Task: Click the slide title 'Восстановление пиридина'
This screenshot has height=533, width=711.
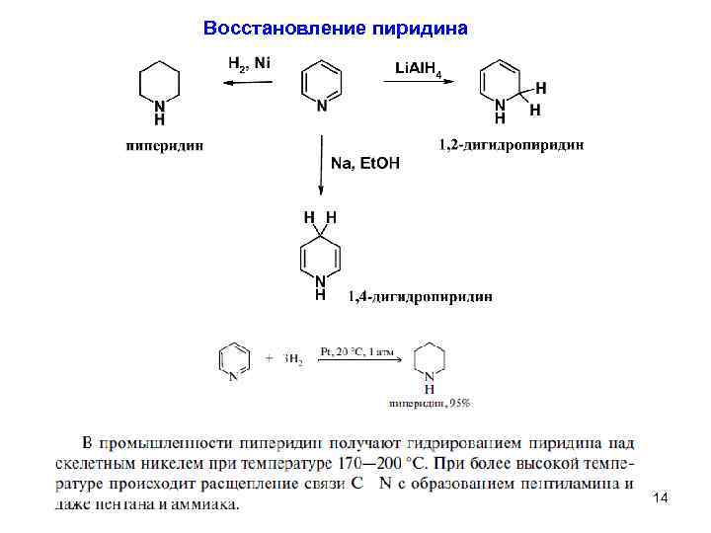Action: click(x=336, y=28)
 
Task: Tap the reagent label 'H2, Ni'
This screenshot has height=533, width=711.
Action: click(x=249, y=64)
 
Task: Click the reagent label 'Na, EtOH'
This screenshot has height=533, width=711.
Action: click(x=364, y=163)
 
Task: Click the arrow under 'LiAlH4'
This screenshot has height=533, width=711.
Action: click(x=418, y=83)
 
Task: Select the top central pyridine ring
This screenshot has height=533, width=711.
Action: click(x=321, y=83)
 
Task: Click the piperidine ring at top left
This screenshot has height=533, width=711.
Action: click(x=160, y=87)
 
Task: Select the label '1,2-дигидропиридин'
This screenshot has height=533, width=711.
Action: click(x=511, y=145)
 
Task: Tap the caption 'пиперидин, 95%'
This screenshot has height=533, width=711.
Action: click(x=430, y=403)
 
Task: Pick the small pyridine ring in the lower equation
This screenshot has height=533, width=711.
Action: click(x=233, y=359)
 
